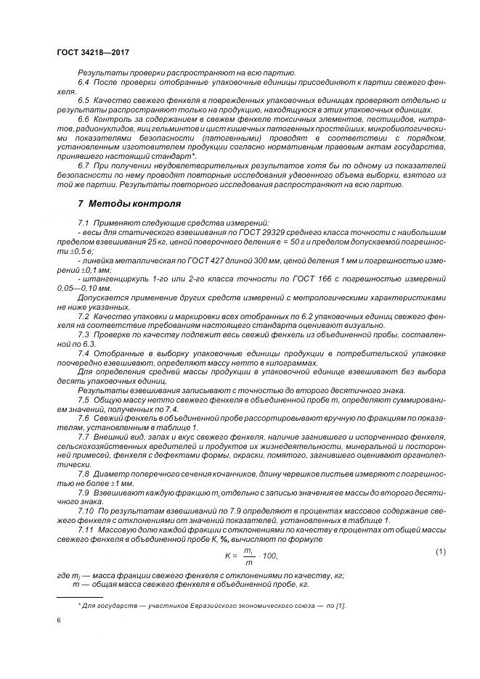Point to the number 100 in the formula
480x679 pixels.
click(269, 556)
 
